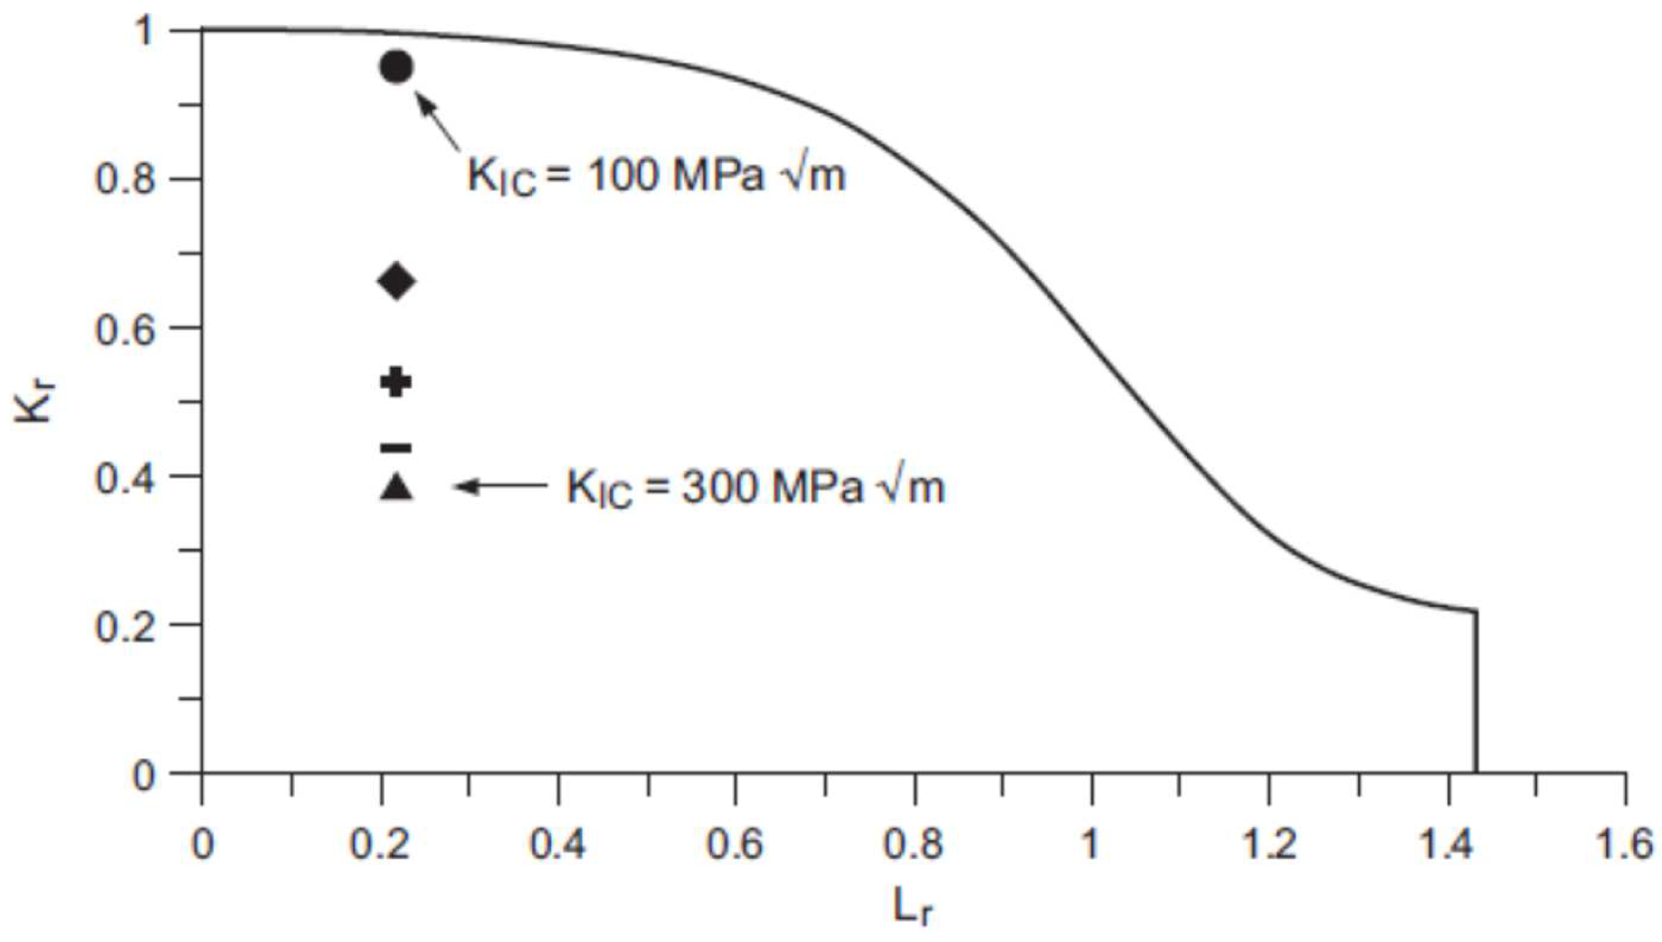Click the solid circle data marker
click(396, 67)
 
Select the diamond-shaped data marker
click(396, 281)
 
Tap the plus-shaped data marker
click(396, 381)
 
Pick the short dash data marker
click(396, 447)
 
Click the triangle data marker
click(396, 487)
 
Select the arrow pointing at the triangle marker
click(500, 486)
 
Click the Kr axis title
click(33, 402)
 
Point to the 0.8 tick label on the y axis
click(126, 178)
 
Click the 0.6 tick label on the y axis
click(126, 328)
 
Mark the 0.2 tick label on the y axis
click(126, 625)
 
